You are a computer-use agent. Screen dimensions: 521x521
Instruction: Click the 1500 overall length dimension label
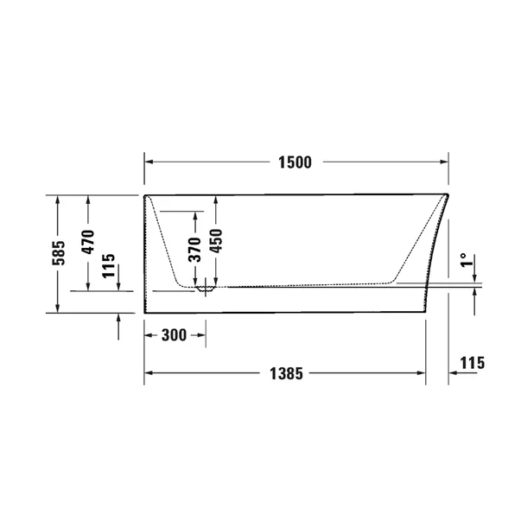click(294, 162)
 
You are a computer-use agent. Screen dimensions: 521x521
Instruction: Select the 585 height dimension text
click(58, 253)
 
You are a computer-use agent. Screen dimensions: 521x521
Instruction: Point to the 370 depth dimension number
click(195, 248)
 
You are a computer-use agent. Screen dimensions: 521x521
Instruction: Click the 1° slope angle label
click(463, 260)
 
